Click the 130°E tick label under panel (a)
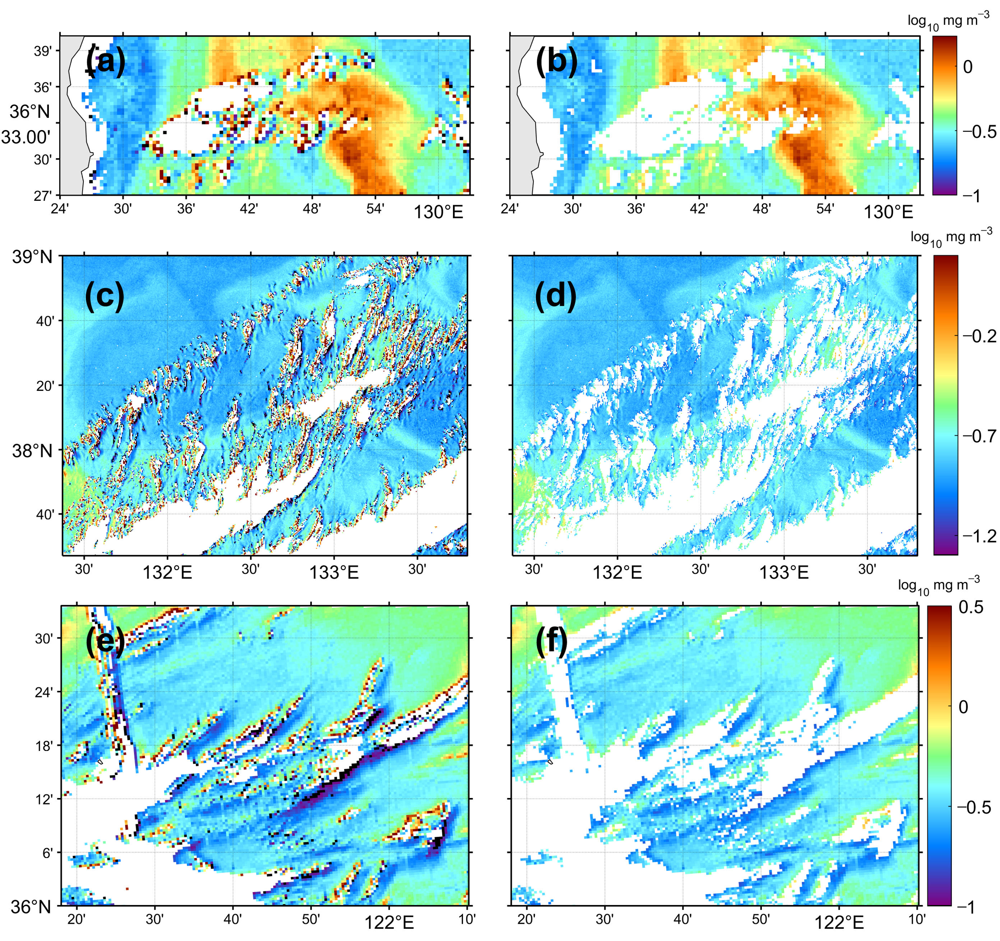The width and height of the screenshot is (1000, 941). coord(437,212)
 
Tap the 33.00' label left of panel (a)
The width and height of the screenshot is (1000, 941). coord(26,137)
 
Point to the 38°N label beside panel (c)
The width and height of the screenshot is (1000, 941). coord(32,450)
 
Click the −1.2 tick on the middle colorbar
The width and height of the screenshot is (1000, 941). coord(979,536)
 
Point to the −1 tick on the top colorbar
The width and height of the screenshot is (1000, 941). coord(971,196)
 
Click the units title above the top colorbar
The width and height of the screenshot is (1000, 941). coord(948,21)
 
